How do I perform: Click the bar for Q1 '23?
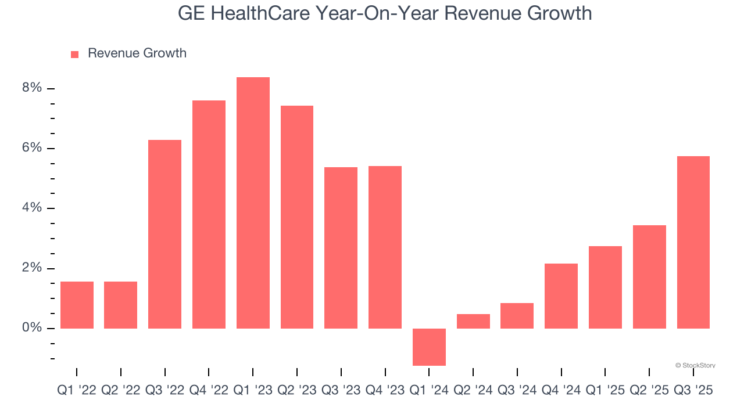(253, 203)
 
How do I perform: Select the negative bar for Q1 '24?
(429, 347)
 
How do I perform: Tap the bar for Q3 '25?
(693, 242)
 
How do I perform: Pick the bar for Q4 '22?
(209, 214)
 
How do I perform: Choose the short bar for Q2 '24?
(473, 321)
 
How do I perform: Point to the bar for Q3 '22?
(164, 234)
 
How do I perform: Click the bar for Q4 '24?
(561, 296)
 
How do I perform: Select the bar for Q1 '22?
(77, 305)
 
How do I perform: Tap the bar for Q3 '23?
(341, 248)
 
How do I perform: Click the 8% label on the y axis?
(32, 88)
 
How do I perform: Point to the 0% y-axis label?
(32, 328)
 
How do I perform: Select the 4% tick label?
(32, 208)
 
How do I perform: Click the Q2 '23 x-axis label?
(296, 391)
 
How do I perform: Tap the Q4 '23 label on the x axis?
(385, 391)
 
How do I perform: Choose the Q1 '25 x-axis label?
(605, 391)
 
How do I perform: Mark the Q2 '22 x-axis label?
(121, 391)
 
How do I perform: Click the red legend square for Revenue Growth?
(74, 54)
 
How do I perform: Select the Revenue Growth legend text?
(137, 53)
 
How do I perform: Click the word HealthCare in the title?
(263, 13)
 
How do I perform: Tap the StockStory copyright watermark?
(695, 365)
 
